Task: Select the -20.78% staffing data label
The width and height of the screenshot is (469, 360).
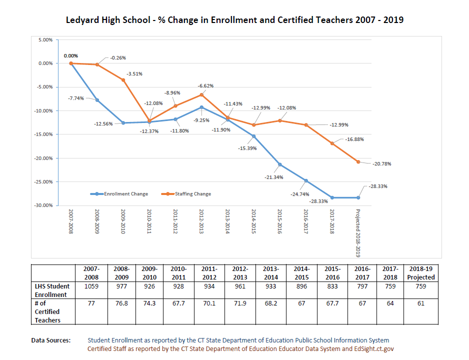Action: [x=381, y=164]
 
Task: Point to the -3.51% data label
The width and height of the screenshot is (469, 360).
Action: [x=134, y=73]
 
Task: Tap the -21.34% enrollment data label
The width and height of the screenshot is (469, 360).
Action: [x=274, y=177]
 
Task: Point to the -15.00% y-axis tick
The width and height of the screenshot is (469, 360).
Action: [x=44, y=134]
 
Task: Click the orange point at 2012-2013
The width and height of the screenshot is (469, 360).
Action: [x=201, y=94]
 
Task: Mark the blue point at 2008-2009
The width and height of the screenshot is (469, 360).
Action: [x=97, y=100]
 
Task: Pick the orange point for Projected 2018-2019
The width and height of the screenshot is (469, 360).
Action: [x=358, y=161]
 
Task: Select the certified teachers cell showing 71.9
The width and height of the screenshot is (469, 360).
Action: [x=240, y=303]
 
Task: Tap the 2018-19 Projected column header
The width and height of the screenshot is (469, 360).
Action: [x=421, y=273]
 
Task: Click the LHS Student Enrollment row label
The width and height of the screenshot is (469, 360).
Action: [x=52, y=290]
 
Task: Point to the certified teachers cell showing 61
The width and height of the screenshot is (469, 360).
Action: [x=421, y=303]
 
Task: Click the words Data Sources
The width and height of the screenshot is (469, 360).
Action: [x=51, y=340]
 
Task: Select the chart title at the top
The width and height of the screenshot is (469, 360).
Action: [x=234, y=20]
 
